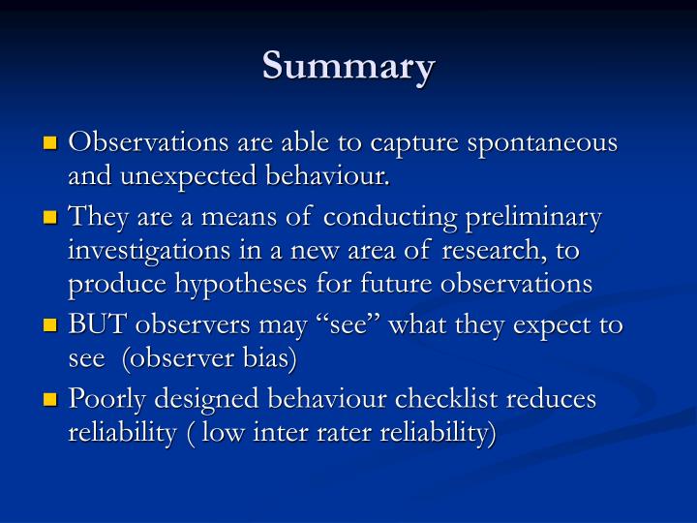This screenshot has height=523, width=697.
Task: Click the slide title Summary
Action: [x=348, y=66]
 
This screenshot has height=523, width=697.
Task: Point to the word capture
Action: [x=417, y=142]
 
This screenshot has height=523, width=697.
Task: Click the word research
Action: [x=503, y=251]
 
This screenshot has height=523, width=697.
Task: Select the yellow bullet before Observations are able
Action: [x=51, y=144]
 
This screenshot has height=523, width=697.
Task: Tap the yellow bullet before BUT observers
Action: [x=51, y=326]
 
